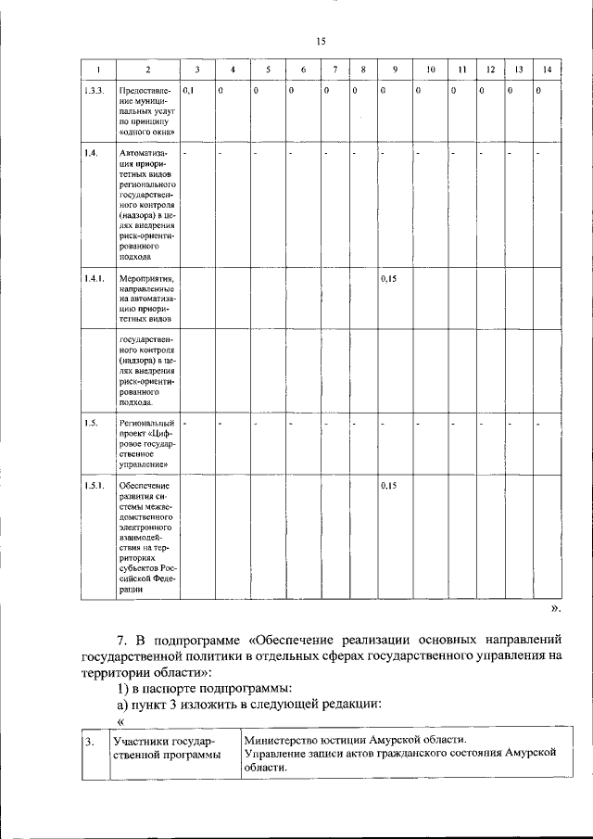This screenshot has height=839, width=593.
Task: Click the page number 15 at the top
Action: pyautogui.click(x=321, y=42)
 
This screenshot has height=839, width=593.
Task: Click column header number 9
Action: pyautogui.click(x=395, y=70)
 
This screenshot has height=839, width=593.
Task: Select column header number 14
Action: pyautogui.click(x=547, y=70)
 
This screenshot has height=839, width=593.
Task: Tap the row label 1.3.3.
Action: pyautogui.click(x=93, y=91)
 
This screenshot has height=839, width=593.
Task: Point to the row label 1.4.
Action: pyautogui.click(x=90, y=152)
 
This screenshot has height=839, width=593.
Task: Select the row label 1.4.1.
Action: pyautogui.click(x=94, y=277)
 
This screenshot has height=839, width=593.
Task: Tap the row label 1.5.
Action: pyautogui.click(x=90, y=424)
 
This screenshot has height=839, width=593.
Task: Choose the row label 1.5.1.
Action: pyautogui.click(x=94, y=485)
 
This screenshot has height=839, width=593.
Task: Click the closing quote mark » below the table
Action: pyautogui.click(x=554, y=609)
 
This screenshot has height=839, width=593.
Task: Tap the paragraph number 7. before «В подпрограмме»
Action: pyautogui.click(x=122, y=641)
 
